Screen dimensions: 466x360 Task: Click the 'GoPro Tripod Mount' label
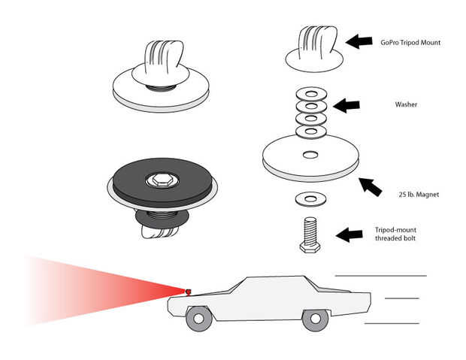[410, 43]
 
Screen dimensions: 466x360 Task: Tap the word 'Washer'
[406, 104]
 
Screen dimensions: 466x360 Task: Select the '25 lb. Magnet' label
[419, 195]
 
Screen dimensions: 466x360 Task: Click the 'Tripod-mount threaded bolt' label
[395, 234]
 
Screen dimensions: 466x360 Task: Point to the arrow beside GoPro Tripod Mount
[359, 41]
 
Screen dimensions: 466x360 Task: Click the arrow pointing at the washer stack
[346, 105]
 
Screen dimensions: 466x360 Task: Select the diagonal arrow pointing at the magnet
[371, 186]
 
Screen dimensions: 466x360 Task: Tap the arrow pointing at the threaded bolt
[349, 234]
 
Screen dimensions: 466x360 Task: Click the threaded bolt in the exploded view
[310, 234]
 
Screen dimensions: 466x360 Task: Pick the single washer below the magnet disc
[311, 198]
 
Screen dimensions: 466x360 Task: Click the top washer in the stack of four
[311, 94]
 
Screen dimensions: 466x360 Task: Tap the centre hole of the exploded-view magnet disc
[310, 155]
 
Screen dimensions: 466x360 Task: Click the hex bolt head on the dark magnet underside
[161, 180]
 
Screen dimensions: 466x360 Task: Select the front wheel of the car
[199, 319]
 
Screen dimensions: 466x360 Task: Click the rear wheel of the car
[316, 319]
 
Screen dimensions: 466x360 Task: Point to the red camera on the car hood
[188, 292]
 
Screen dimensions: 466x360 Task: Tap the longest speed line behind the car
[381, 276]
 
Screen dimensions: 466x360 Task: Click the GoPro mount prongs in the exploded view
[317, 41]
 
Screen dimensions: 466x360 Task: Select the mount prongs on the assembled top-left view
[163, 56]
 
